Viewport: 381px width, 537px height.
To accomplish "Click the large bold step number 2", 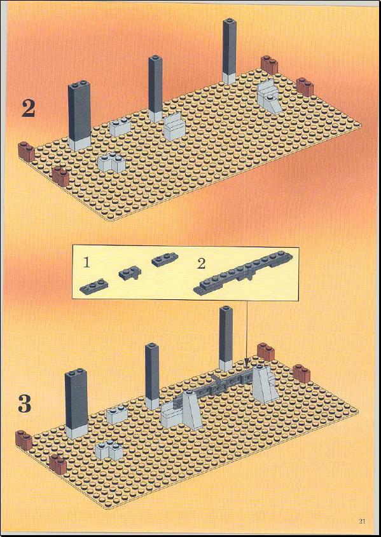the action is pyautogui.click(x=29, y=109).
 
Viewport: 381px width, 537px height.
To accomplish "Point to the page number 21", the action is pyautogui.click(x=363, y=522).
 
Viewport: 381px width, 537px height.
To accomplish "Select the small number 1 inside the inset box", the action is pyautogui.click(x=87, y=263).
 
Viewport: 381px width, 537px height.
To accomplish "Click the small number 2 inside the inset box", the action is pyautogui.click(x=202, y=264).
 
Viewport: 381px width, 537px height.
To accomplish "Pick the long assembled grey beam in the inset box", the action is pyautogui.click(x=243, y=273).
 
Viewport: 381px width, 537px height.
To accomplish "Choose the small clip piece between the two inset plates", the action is pyautogui.click(x=130, y=274).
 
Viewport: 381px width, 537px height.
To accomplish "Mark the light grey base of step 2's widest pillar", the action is pyautogui.click(x=80, y=144).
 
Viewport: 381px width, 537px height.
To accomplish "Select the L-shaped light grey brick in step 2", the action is pyautogui.click(x=112, y=162).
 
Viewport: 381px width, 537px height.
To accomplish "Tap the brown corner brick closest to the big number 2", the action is pyautogui.click(x=26, y=152).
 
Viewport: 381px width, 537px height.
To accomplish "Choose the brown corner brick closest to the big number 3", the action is pyautogui.click(x=24, y=440).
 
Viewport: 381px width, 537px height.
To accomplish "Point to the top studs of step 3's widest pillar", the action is pyautogui.click(x=76, y=371).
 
